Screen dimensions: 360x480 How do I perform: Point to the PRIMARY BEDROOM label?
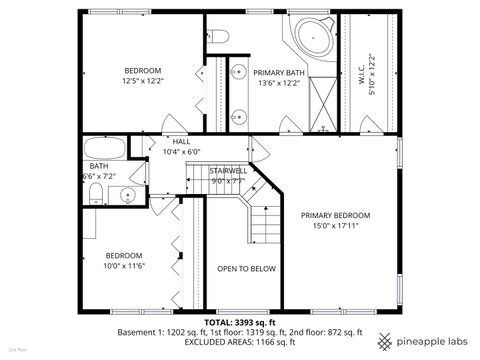336,215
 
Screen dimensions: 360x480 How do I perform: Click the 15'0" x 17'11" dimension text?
336,226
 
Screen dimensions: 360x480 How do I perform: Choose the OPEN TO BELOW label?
246,269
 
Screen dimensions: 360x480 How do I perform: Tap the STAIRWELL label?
228,171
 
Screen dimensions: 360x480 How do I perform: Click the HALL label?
181,141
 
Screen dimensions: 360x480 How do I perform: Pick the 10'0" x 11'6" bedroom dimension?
125,266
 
